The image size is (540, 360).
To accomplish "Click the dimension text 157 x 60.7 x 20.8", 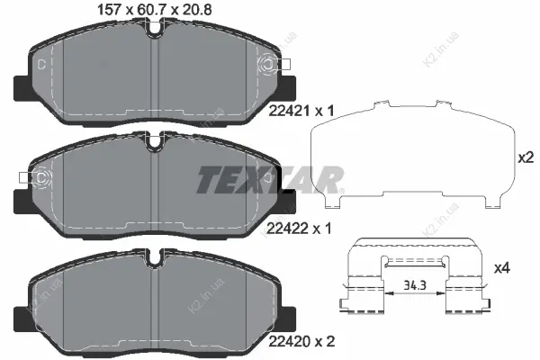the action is click(x=155, y=9).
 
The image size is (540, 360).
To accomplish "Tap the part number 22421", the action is click(x=289, y=111).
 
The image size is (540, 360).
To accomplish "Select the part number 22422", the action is click(x=287, y=228).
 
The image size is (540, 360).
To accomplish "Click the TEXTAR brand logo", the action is click(x=270, y=179).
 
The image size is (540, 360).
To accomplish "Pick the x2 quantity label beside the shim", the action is click(x=526, y=157).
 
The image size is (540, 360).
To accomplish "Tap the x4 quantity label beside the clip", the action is click(x=502, y=268).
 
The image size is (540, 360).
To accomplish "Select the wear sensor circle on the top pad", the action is click(x=267, y=65).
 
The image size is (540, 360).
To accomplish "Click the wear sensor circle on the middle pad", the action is click(x=41, y=177).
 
